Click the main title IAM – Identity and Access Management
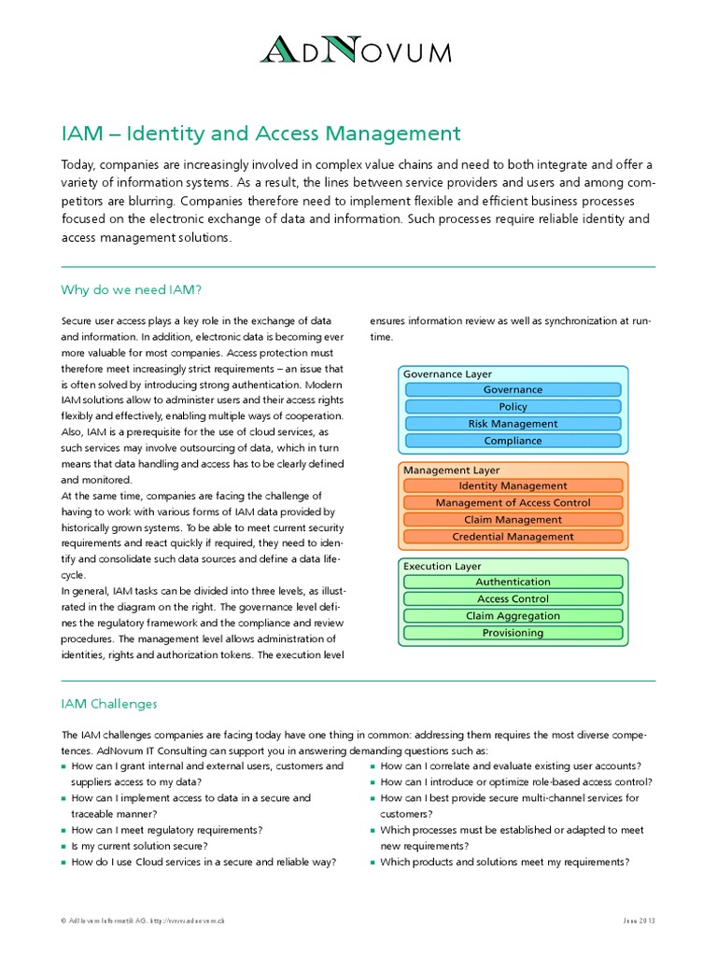coord(260,134)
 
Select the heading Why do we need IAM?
coord(131,289)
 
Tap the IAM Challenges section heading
coord(109,703)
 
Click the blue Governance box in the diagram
coord(513,390)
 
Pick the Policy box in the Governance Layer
coord(513,407)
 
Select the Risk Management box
coord(513,424)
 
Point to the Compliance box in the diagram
coord(513,441)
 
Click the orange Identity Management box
coord(513,486)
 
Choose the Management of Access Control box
coord(513,503)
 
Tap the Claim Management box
coord(513,520)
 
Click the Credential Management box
coord(513,537)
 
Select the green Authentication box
coord(513,583)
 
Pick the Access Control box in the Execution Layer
coord(513,599)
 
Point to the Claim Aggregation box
coord(513,616)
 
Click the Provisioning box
coord(513,633)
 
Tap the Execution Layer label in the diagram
coord(443,566)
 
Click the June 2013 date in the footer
coord(640,921)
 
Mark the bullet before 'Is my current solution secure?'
coord(64,846)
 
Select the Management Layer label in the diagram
coord(451,471)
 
